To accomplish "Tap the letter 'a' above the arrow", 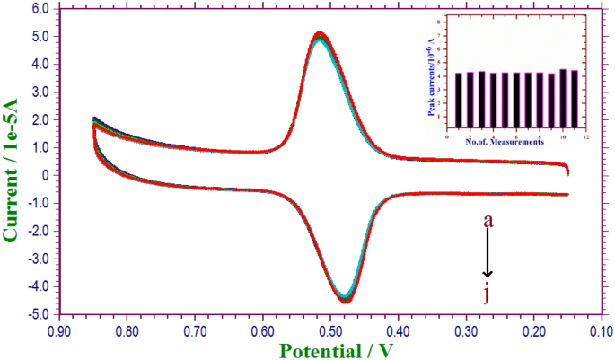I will click(x=488, y=218).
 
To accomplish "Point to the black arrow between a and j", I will click(x=488, y=254).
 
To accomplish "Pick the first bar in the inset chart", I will click(x=459, y=101).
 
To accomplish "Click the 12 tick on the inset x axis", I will click(x=585, y=136).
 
